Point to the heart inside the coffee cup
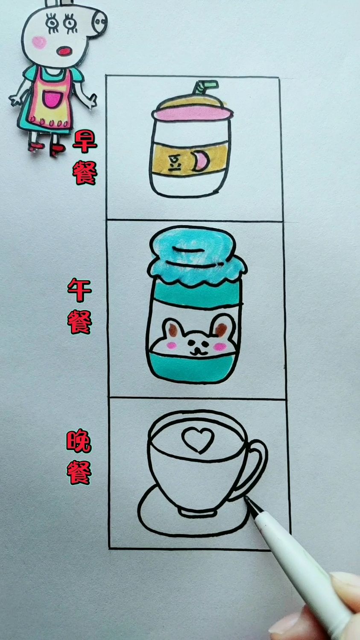pos(196,440)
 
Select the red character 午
pos(80,291)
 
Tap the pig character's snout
pos(98,19)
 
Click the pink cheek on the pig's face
pos(39,42)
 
